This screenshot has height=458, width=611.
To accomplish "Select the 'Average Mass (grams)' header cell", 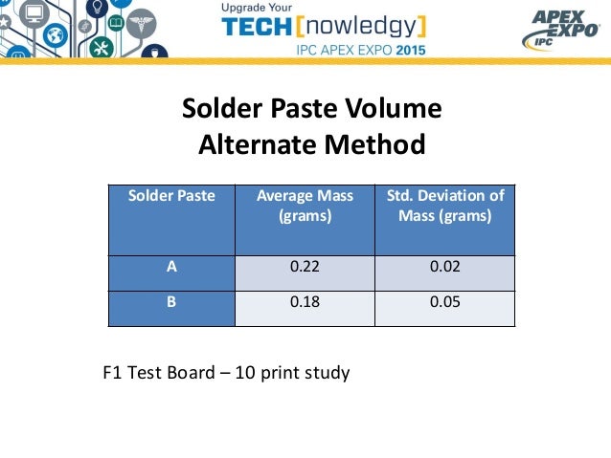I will point(305,206).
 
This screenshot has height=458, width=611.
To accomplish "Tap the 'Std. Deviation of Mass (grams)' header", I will point(444,206).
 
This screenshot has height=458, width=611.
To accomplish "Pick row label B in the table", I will point(172,303).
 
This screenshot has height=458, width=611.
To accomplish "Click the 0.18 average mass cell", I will point(305,303).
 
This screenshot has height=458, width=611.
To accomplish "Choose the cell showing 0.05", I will point(444,303).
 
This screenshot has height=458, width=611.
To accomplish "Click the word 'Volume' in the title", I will point(395,110).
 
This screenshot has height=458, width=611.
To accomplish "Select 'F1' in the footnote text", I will point(113,371).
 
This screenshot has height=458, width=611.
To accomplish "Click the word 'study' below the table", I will point(326,372).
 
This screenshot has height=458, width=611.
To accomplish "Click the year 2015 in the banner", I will point(405,48).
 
